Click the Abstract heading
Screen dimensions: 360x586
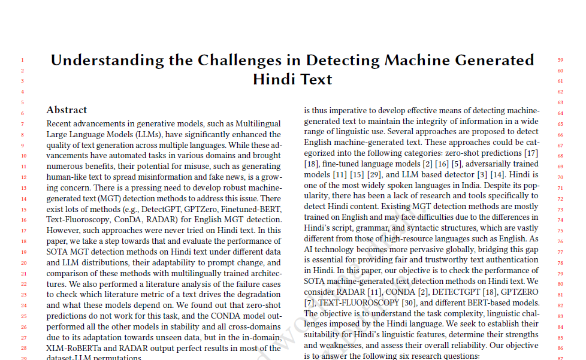pos(67,110)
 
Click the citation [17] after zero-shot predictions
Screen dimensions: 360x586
pos(530,153)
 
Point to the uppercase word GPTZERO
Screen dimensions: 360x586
pos(519,292)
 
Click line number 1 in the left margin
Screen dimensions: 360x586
pos(22,60)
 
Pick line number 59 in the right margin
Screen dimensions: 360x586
pos(560,60)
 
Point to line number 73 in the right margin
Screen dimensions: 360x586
pos(560,210)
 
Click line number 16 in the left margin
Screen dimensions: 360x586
pos(22,220)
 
